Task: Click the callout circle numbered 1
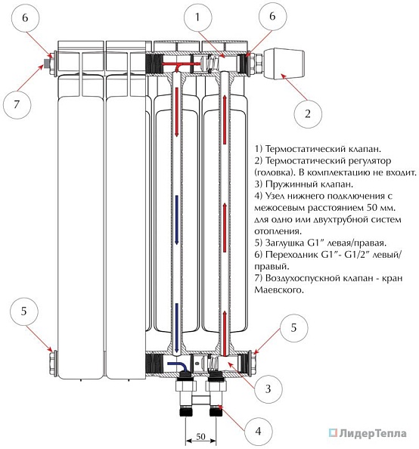(197, 17)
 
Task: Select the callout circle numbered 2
(308, 114)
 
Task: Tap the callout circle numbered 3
(268, 389)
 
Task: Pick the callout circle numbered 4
(258, 432)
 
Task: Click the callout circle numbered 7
(17, 104)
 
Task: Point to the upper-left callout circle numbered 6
(25, 17)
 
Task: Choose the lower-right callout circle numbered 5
(293, 328)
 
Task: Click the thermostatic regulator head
(284, 63)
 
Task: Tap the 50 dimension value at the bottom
(200, 436)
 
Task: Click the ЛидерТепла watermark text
(373, 434)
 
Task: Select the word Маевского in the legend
(279, 290)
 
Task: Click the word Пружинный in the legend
(287, 184)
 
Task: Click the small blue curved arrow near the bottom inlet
(177, 367)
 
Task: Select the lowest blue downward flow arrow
(176, 328)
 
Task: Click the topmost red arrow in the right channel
(225, 119)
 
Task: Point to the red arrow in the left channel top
(176, 112)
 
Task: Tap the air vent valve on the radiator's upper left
(46, 63)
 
